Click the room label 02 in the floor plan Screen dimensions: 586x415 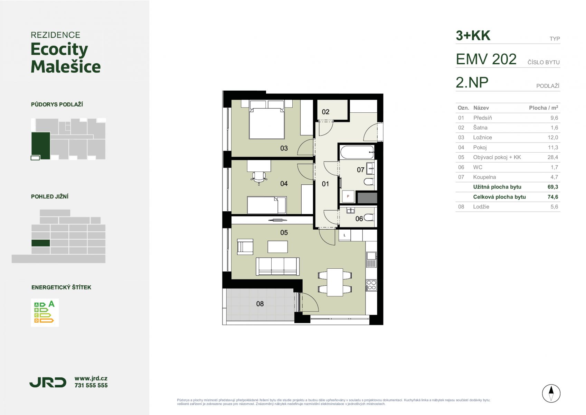coord(325,112)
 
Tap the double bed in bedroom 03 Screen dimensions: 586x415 coord(267,120)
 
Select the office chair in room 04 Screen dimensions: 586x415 coord(259,177)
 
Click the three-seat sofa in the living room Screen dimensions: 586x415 coord(277,266)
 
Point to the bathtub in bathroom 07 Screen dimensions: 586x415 coord(357,152)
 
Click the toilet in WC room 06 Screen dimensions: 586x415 coord(369,217)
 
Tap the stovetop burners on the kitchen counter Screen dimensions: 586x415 coord(371,285)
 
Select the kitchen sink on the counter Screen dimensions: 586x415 coord(371,259)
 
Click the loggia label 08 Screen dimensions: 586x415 coord(260,304)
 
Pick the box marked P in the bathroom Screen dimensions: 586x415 coord(348,196)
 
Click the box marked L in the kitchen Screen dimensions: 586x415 coord(344,235)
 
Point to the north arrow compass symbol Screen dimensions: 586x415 coord(551,393)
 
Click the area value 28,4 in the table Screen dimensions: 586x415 coord(552,157)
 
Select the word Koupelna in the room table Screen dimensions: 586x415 coord(484,177)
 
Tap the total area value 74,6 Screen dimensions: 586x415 coord(552,197)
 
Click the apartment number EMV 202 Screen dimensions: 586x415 coord(486,59)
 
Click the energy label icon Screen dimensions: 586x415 coord(45,313)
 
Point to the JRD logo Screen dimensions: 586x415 coord(48,382)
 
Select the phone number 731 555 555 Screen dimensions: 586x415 coord(91,385)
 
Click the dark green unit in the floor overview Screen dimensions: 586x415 coord(41,146)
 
